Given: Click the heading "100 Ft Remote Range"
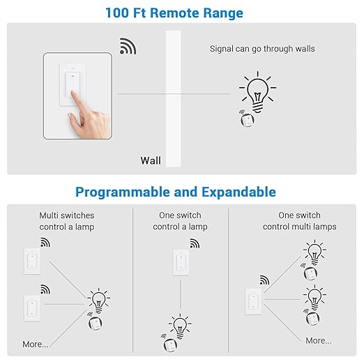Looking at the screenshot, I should click(175, 12).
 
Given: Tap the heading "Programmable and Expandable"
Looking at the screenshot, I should click(175, 192).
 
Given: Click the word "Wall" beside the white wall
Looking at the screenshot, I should click(151, 160).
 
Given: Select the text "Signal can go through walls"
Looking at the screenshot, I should click(262, 49).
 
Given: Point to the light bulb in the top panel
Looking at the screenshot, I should click(256, 91).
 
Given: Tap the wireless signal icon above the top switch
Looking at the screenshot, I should click(128, 46).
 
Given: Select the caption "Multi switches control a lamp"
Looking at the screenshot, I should click(66, 221).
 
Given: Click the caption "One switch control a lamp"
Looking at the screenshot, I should click(180, 221).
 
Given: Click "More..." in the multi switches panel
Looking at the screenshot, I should click(36, 344).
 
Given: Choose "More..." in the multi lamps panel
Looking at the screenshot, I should click(318, 340).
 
